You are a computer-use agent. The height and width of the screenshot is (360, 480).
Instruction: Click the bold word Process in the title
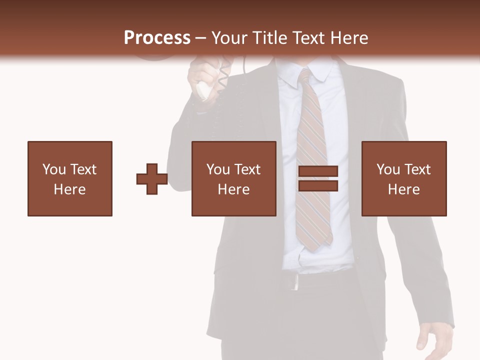pyautogui.click(x=157, y=38)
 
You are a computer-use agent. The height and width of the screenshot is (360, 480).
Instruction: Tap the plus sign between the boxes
pyautogui.click(x=152, y=179)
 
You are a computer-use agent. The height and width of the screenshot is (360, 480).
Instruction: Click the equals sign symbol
pyautogui.click(x=318, y=179)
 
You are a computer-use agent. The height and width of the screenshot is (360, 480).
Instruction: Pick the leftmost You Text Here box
pyautogui.click(x=70, y=178)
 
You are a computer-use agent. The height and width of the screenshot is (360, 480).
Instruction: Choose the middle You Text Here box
pyautogui.click(x=234, y=178)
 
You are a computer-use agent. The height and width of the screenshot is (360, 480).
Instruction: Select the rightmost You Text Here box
pyautogui.click(x=404, y=178)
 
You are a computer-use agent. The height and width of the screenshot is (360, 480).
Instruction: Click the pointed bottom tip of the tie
pyautogui.click(x=313, y=247)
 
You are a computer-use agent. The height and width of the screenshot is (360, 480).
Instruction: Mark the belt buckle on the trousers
pyautogui.click(x=294, y=282)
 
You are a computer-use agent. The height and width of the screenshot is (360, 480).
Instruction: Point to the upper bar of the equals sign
pyautogui.click(x=318, y=172)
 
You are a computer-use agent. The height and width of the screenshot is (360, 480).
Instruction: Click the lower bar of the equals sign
pyautogui.click(x=318, y=186)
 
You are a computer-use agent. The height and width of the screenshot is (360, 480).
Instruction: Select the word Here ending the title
pyautogui.click(x=348, y=38)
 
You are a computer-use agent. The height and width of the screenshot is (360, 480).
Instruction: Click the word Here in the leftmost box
pyautogui.click(x=70, y=189)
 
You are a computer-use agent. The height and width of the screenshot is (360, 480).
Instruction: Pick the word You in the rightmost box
pyautogui.click(x=388, y=169)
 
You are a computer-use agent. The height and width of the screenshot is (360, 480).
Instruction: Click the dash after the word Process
pyautogui.click(x=201, y=38)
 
